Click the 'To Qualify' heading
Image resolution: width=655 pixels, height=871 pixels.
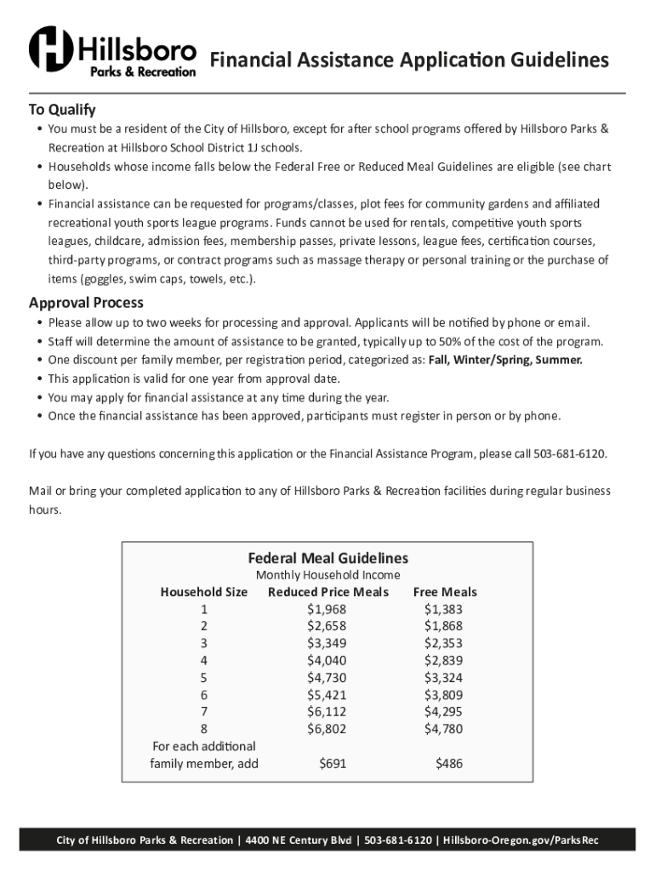62,110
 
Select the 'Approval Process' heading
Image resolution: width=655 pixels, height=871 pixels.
86,303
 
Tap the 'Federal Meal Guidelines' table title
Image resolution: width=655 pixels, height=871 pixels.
327,558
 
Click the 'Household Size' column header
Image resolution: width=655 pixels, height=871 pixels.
203,592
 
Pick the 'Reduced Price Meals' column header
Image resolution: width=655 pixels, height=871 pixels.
327,592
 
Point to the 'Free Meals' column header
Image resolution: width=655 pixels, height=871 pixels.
445,592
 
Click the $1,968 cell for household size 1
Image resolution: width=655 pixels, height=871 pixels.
327,609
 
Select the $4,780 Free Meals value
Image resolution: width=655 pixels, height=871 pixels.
443,729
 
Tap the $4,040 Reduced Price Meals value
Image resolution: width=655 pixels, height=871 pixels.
327,660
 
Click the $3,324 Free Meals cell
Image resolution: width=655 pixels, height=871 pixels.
443,678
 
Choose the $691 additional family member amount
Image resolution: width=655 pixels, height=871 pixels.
333,764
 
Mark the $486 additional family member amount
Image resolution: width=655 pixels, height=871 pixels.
449,764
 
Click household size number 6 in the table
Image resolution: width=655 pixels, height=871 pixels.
204,695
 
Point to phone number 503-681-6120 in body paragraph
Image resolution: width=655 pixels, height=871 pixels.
570,453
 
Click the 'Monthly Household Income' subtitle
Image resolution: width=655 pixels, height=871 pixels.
327,576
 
